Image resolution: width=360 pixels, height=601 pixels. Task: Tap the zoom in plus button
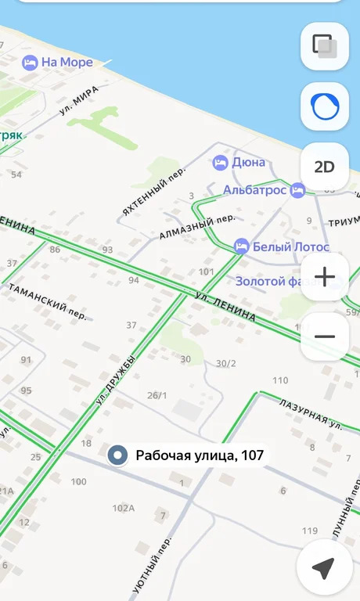pos(324,277)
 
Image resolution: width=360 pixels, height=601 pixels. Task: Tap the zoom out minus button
pos(324,336)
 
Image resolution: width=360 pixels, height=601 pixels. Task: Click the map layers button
pos(324,46)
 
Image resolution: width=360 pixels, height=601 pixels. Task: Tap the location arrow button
pos(323,568)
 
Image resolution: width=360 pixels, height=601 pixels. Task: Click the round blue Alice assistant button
pos(324,106)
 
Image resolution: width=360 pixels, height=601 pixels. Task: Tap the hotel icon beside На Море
pos(30,63)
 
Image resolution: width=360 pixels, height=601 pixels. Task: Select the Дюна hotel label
pos(248,163)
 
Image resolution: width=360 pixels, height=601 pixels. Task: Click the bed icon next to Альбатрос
pos(297,189)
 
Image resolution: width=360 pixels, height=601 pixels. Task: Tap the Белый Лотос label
pos(278,245)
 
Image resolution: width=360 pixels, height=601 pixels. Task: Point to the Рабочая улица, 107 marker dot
pos(117,455)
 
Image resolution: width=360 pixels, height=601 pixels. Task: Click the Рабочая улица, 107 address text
pos(200,455)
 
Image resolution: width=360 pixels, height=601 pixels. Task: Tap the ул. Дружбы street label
pos(115,380)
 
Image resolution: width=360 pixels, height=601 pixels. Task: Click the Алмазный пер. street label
pos(196,227)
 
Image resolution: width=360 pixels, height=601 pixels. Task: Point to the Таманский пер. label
pos(47,300)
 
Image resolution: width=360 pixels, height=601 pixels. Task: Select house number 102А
pos(123,508)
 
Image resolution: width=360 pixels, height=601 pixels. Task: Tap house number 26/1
pos(157,395)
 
